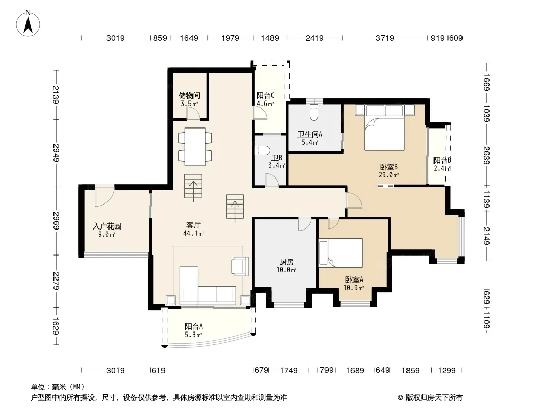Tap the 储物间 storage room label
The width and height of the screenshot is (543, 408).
[x=189, y=95]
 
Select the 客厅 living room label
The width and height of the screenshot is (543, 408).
[x=193, y=225]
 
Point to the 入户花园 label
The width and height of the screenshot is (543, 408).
[x=107, y=226]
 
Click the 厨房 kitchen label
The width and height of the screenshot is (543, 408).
[x=287, y=262]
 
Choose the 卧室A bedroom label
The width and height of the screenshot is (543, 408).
[x=354, y=279]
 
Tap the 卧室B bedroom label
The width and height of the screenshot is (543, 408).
[x=389, y=167]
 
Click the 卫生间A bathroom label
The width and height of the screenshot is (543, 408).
[x=310, y=134]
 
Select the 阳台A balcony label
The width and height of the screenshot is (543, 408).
[x=194, y=326]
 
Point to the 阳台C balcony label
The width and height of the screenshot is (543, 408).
[x=265, y=95]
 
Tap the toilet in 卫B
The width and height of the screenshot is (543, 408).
[x=262, y=150]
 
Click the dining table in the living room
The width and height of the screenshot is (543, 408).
[x=195, y=147]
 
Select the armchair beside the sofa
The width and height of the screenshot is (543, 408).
[x=240, y=266]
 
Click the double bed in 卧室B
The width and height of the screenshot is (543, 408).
[x=385, y=127]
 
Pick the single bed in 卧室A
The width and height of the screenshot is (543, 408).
[x=341, y=252]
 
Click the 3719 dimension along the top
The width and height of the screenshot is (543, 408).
[x=385, y=38]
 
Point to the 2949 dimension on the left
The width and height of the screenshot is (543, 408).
[x=56, y=153]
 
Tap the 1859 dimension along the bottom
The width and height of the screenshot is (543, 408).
[x=411, y=371]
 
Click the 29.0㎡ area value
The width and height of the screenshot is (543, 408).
[x=389, y=175]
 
